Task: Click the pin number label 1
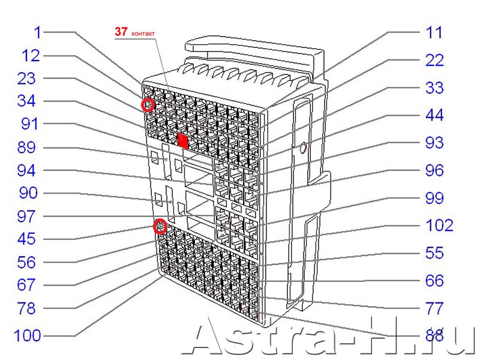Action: click(37, 32)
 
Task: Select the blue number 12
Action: click(31, 56)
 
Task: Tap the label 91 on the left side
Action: click(29, 124)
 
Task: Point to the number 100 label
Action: click(28, 335)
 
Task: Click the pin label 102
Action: click(439, 226)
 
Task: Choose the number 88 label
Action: click(434, 336)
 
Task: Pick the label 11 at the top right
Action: click(434, 32)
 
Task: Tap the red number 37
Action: click(121, 31)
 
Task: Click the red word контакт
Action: click(143, 34)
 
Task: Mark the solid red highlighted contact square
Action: click(183, 141)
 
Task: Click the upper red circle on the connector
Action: click(148, 106)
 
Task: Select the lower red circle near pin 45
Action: click(160, 226)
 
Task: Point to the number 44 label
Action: click(434, 115)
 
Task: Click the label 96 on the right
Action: click(434, 170)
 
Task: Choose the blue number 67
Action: click(26, 285)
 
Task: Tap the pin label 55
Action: click(434, 253)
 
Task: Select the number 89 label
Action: click(26, 147)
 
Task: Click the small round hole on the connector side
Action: click(303, 148)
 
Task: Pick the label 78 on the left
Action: click(26, 308)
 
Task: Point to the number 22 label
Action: click(434, 60)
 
